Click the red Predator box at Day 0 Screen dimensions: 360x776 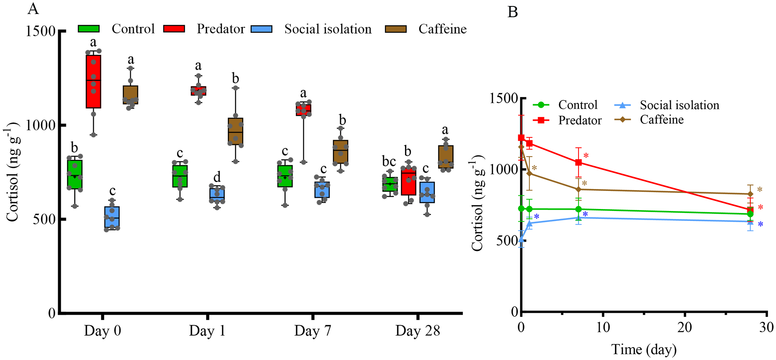pos(93,82)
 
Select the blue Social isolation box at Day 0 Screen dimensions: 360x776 pos(112,217)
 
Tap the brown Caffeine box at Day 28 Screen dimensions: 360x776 pos(445,157)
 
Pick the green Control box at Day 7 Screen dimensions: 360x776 pos(285,176)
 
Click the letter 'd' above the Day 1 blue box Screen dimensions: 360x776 pos(217,177)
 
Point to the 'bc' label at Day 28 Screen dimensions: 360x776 pos(389,161)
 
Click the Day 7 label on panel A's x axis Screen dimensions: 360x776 pos(313,331)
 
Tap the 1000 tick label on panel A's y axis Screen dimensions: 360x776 pos(40,125)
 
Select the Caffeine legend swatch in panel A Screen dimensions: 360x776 pos(395,29)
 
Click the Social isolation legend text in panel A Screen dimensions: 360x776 pos(328,29)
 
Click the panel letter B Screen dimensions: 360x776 pos(512,12)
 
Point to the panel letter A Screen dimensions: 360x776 pos(33,9)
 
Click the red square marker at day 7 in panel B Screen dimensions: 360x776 pos(578,162)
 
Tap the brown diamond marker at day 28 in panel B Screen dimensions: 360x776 pos(750,194)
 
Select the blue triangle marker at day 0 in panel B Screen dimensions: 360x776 pos(521,240)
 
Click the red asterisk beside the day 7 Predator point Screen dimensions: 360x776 pos(586,156)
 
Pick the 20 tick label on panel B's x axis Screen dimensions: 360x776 pos(684,327)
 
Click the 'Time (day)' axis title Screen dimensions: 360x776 pos(644,349)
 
